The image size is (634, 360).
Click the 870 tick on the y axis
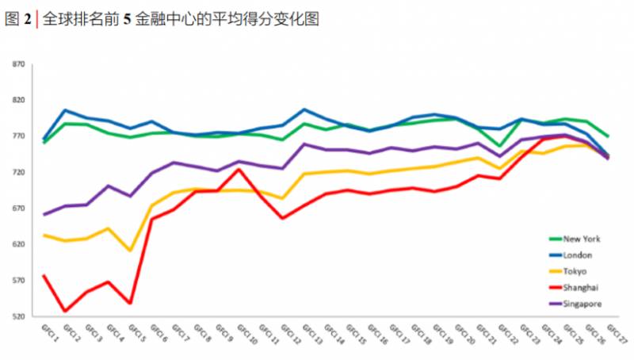(x=18, y=64)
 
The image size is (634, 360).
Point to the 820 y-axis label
(x=18, y=101)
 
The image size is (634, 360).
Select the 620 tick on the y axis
(x=18, y=245)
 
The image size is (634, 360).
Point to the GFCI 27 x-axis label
(x=616, y=333)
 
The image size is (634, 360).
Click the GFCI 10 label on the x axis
(x=246, y=334)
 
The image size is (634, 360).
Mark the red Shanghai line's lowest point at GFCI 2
(x=66, y=311)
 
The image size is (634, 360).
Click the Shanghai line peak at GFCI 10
(x=239, y=169)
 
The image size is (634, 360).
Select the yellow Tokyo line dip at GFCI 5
(x=131, y=251)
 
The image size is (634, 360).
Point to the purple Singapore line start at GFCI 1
(x=44, y=214)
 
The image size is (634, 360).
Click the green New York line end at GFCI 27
(x=607, y=136)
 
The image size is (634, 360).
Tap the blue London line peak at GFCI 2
(x=66, y=110)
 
